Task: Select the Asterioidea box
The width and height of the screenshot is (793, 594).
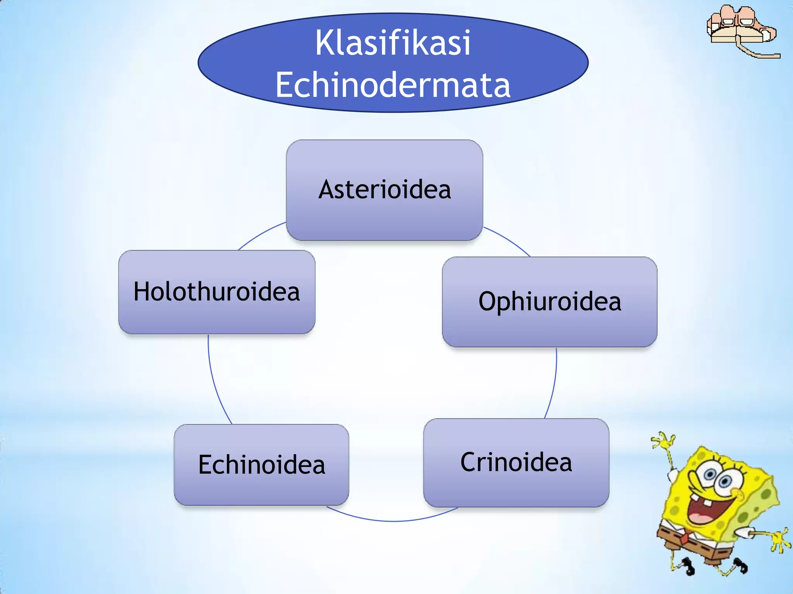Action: coord(384,190)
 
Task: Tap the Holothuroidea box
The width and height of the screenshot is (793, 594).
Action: coord(216,292)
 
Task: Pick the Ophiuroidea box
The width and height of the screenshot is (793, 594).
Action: coord(549,302)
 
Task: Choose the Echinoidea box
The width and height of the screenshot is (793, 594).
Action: coord(261,465)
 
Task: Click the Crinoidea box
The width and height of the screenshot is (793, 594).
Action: coord(516,463)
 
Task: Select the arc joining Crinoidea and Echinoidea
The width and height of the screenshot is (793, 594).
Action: coord(393,521)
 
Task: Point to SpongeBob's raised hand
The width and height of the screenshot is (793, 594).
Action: coord(664,441)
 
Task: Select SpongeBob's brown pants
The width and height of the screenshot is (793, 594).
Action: coord(693,549)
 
